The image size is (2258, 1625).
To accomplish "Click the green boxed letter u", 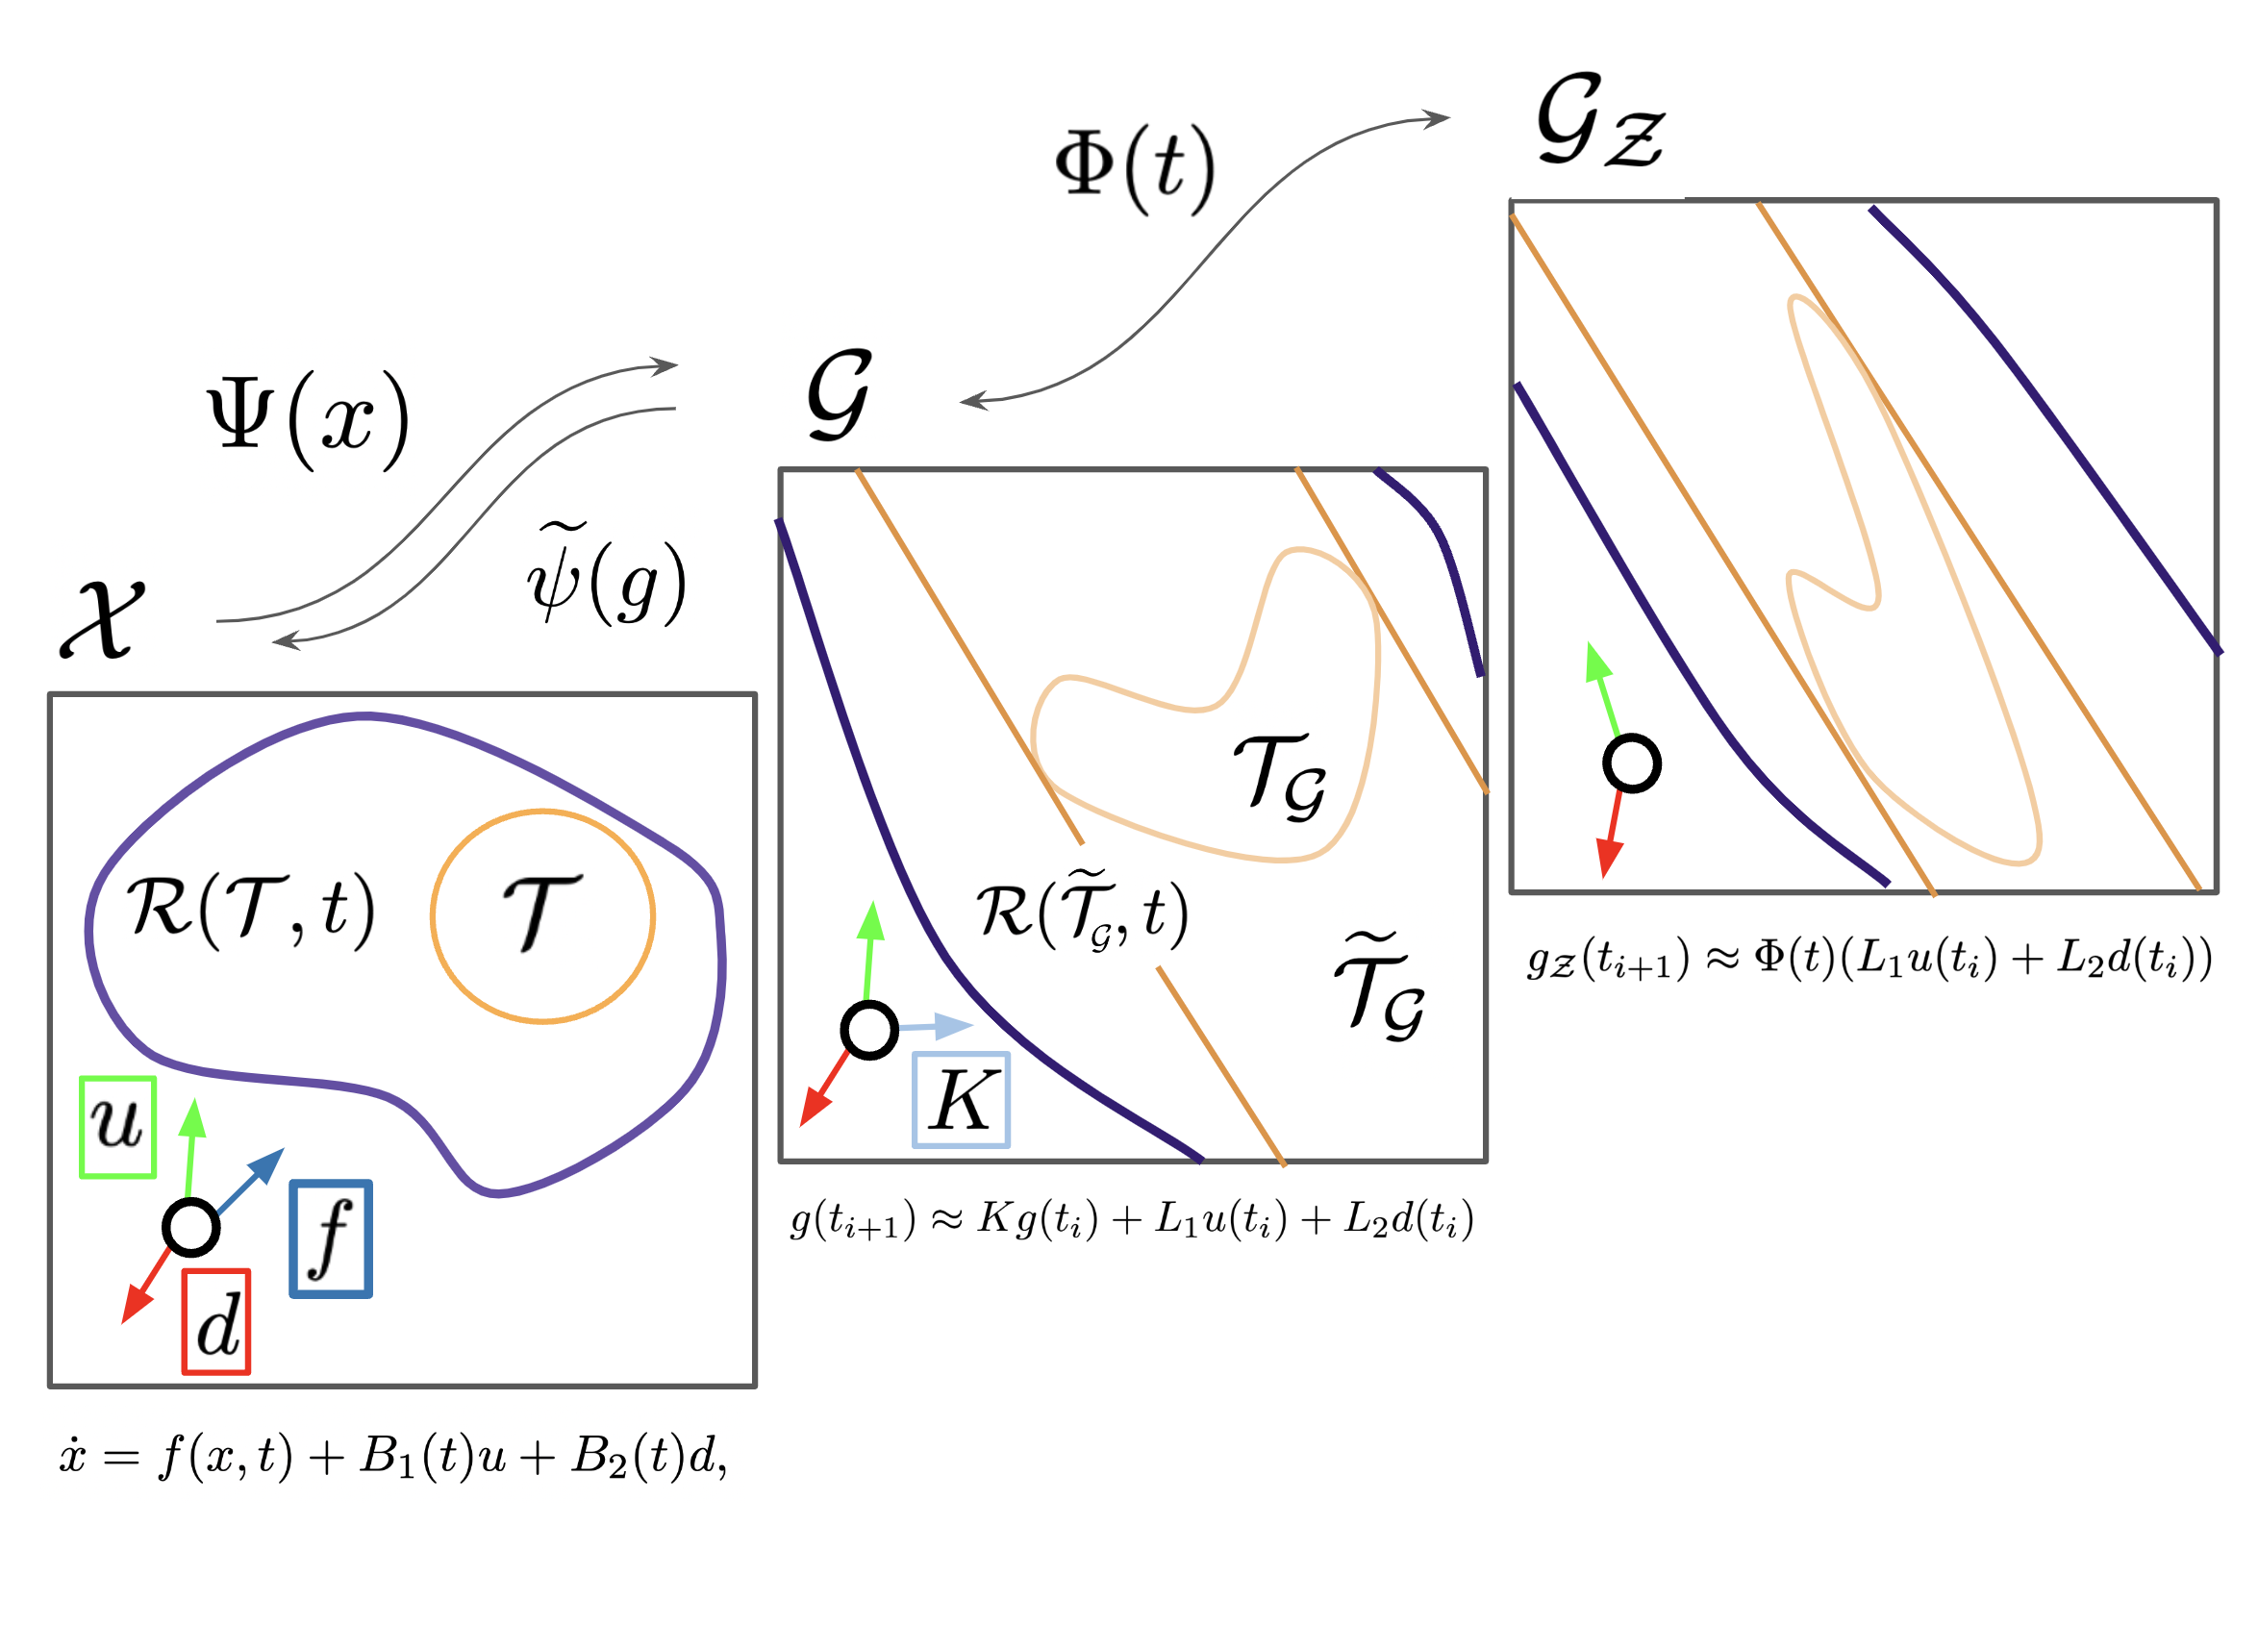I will [117, 1127].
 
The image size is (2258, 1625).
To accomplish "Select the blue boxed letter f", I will [331, 1237].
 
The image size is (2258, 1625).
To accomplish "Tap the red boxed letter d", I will [216, 1321].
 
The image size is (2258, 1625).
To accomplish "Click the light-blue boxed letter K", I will [961, 1100].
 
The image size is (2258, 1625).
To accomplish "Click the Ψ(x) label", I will [309, 418].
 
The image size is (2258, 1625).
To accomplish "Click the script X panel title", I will [103, 619].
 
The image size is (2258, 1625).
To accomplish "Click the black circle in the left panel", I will [190, 1227].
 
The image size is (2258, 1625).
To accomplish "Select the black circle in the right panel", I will [1632, 763].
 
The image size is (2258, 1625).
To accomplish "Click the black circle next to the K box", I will [869, 1031].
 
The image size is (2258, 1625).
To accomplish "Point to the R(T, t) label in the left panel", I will [251, 908].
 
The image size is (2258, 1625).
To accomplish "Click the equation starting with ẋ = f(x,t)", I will [393, 1457].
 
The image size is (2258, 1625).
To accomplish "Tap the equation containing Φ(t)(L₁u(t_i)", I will [1869, 960].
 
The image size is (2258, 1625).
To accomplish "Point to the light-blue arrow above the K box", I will [938, 1026].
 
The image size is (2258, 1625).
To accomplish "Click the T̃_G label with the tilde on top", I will [1380, 986].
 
